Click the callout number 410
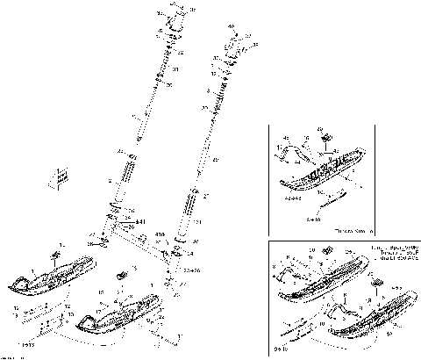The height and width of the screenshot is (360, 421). click(x=161, y=235)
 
